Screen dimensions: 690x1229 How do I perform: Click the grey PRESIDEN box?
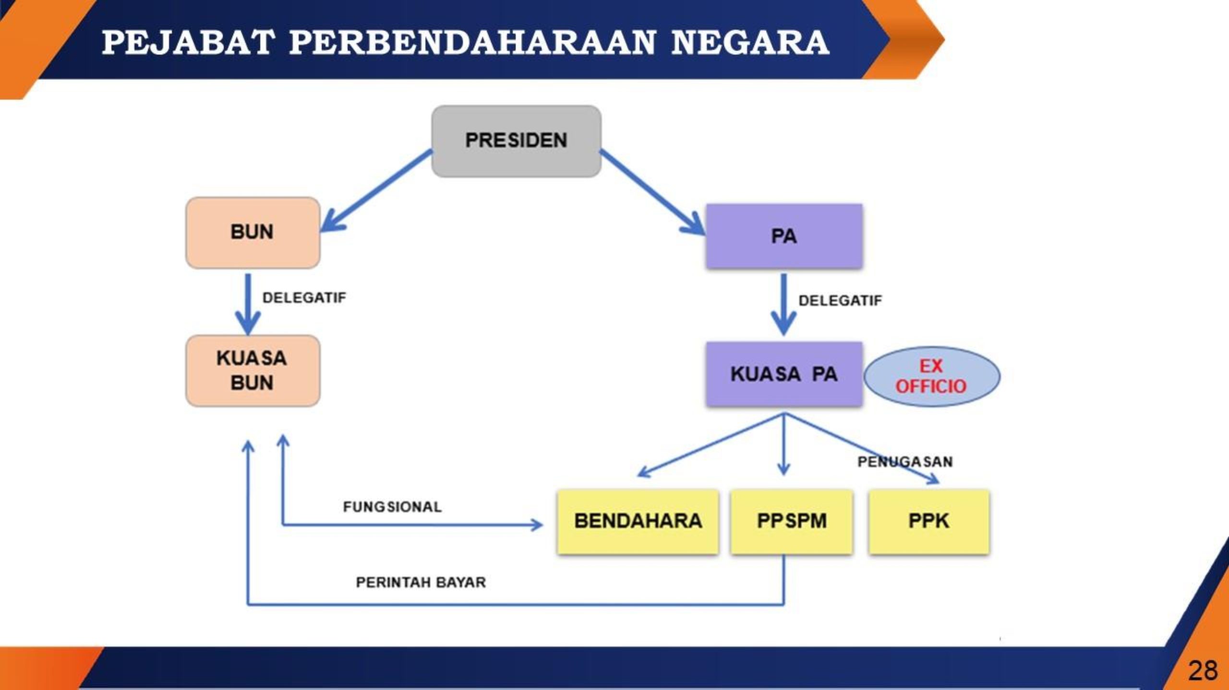pyautogui.click(x=516, y=141)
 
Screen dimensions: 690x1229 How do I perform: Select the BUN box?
pyautogui.click(x=253, y=233)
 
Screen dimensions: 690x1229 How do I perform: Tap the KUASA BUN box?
pyautogui.click(x=253, y=370)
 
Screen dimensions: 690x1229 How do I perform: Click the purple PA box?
pyautogui.click(x=784, y=236)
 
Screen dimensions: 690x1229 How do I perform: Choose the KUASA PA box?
pyautogui.click(x=784, y=374)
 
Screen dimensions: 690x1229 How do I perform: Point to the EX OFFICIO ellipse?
pyautogui.click(x=931, y=377)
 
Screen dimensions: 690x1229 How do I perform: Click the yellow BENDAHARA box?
pyautogui.click(x=638, y=522)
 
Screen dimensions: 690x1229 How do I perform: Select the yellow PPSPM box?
pyautogui.click(x=792, y=522)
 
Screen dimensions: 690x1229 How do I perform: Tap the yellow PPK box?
pyautogui.click(x=929, y=522)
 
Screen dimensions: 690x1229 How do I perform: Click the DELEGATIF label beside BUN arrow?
pyautogui.click(x=304, y=298)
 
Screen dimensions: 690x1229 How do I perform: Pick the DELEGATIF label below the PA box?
pyautogui.click(x=840, y=301)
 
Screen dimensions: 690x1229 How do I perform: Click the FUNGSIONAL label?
pyautogui.click(x=392, y=507)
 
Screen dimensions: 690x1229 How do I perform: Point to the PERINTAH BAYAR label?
pyautogui.click(x=421, y=583)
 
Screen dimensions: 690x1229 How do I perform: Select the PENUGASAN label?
pyautogui.click(x=905, y=462)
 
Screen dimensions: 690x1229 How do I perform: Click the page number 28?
pyautogui.click(x=1203, y=670)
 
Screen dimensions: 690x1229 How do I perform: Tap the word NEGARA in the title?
pyautogui.click(x=750, y=42)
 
